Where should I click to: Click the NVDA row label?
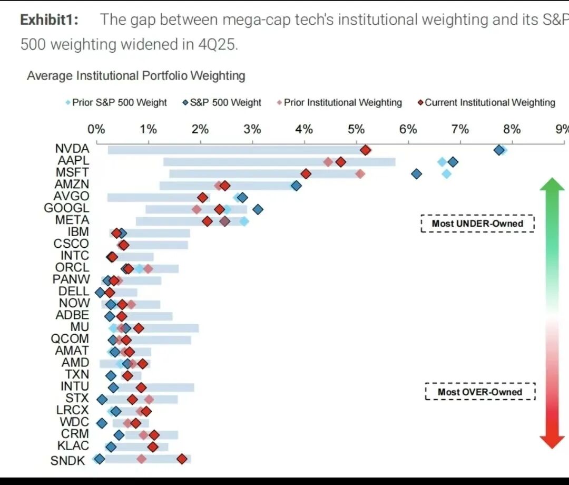72,149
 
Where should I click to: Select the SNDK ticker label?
67,460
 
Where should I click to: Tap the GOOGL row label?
66,208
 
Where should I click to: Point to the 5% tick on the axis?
356,129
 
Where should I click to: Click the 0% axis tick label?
96,129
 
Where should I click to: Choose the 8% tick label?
512,129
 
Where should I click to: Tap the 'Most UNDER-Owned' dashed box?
477,224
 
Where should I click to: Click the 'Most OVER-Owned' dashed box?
480,392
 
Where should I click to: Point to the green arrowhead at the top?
552,185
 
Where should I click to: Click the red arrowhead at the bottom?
552,442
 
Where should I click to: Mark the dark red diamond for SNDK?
182,459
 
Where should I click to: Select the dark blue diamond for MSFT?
417,174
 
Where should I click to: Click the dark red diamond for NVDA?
366,150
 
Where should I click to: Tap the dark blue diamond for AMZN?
296,186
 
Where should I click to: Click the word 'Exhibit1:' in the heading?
50,20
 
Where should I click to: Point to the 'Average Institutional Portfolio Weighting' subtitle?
136,76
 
